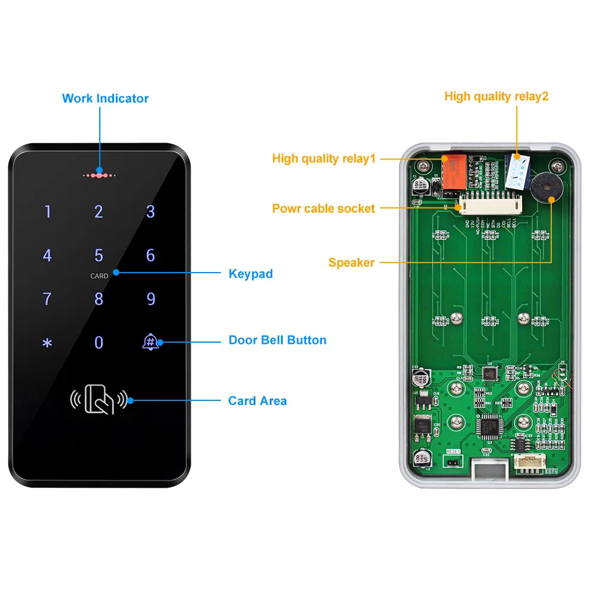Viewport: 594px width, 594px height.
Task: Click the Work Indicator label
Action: point(105,99)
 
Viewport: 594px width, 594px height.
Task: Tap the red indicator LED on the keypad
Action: point(99,175)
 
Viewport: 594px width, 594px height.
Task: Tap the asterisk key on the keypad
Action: point(48,343)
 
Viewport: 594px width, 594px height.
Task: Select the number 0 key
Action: point(99,343)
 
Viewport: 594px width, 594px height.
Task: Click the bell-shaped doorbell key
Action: point(150,342)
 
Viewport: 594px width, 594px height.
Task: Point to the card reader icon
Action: point(99,400)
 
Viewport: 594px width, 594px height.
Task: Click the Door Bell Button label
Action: point(277,340)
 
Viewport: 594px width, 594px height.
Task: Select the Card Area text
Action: point(257,401)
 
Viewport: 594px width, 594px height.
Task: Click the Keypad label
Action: point(251,274)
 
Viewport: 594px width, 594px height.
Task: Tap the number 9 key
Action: point(151,299)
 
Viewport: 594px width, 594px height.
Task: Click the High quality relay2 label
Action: point(497,96)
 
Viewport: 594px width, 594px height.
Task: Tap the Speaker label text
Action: point(352,263)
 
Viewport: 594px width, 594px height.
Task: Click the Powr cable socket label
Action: point(324,208)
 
